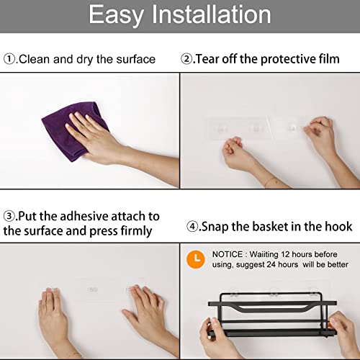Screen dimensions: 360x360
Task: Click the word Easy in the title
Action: click(117, 16)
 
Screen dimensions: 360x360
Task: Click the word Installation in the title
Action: click(212, 14)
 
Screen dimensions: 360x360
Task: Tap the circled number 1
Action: click(9, 59)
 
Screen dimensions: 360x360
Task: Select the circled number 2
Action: click(186, 59)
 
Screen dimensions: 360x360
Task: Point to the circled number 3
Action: click(9, 216)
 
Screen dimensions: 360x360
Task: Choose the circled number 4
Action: click(192, 227)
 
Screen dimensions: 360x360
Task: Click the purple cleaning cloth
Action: click(72, 131)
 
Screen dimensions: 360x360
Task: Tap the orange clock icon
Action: click(196, 259)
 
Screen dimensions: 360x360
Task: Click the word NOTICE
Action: click(228, 254)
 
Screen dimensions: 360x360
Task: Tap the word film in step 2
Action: click(329, 59)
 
